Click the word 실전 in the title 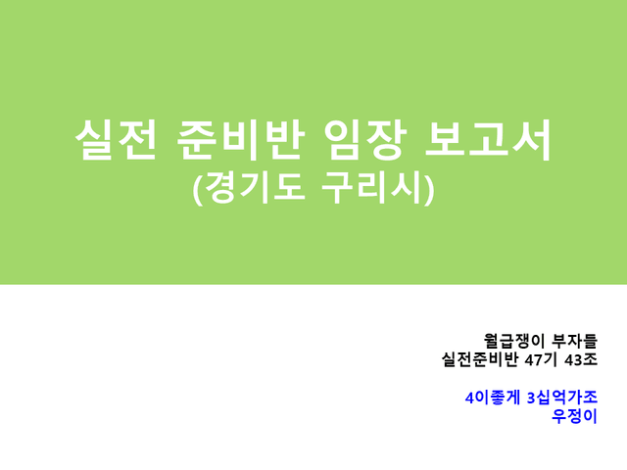click(116, 140)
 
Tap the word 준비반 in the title click(240, 140)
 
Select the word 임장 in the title click(365, 140)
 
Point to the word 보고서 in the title click(488, 140)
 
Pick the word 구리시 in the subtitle click(372, 188)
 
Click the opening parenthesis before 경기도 click(198, 189)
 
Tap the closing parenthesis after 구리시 click(429, 189)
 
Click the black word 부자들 click(574, 341)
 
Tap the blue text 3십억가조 click(562, 398)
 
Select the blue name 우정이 click(574, 416)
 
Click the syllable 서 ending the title click(532, 140)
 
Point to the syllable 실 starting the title click(94, 140)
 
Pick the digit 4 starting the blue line click(469, 398)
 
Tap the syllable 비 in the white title click(240, 140)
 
